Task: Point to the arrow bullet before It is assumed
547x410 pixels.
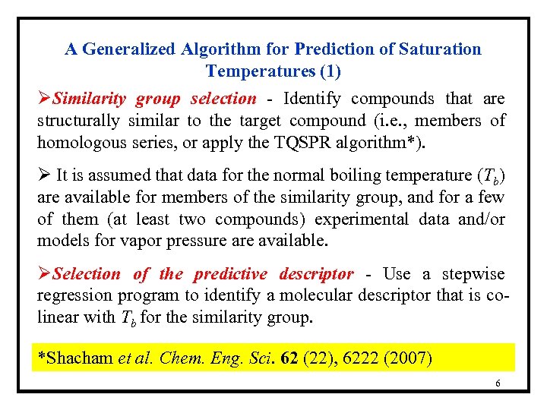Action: tap(44, 175)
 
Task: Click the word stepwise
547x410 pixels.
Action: tap(472, 274)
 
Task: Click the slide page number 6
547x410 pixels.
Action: tap(498, 383)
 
